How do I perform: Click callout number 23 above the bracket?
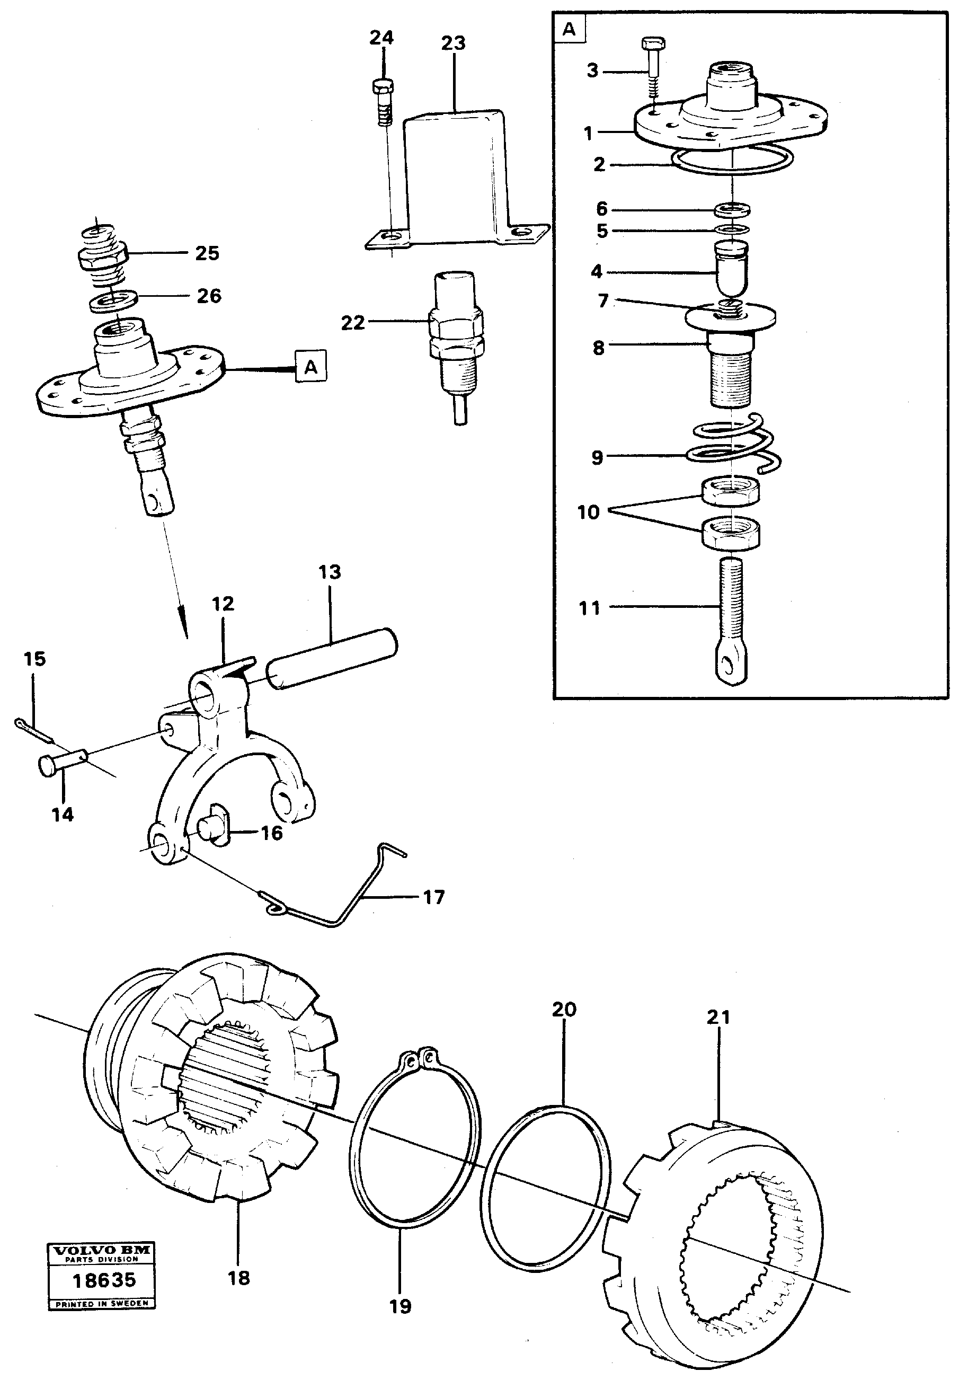coord(453,43)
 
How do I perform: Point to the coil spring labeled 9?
coord(733,445)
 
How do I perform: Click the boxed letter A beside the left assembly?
coord(310,366)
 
